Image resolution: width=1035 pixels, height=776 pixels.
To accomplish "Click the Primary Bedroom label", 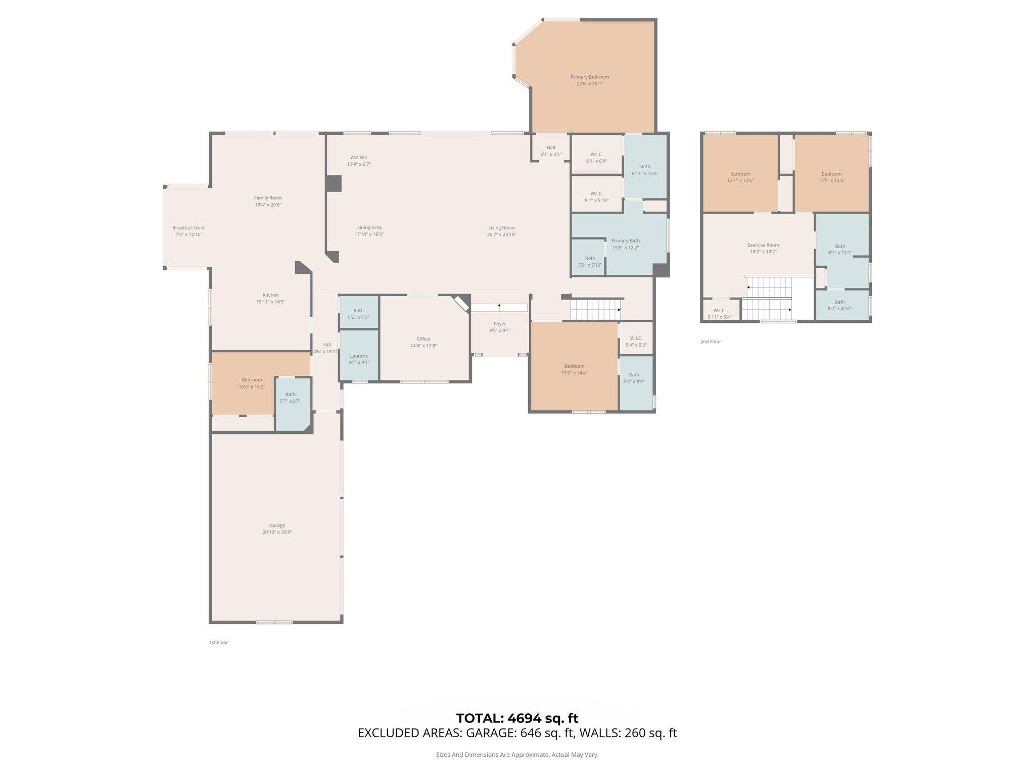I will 589,77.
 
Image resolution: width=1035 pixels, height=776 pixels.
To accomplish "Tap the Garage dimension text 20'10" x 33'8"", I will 277,532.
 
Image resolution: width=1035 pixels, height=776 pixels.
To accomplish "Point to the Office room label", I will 424,339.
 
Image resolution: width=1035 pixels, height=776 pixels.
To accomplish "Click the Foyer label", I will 499,324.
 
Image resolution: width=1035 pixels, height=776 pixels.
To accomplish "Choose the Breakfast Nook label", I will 189,228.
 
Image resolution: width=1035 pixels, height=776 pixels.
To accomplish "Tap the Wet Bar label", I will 359,158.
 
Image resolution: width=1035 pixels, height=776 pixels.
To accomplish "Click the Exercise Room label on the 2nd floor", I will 763,245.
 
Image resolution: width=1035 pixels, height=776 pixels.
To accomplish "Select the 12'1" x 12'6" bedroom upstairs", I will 740,177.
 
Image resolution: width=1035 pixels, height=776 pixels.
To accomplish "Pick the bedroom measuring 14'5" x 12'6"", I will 831,177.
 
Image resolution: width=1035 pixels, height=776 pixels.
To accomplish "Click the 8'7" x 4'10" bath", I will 839,305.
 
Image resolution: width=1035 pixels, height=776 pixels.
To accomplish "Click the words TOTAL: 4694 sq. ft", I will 517,718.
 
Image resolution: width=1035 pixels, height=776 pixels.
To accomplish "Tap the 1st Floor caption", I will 218,643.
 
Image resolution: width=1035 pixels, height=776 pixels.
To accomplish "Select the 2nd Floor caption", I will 710,342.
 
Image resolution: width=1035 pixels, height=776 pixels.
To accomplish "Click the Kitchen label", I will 270,295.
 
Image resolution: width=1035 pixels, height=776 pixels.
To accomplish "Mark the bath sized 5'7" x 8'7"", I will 290,398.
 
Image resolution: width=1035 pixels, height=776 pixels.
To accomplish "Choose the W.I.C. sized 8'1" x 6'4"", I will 596,158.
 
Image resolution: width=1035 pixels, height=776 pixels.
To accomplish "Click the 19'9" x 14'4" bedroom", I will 574,369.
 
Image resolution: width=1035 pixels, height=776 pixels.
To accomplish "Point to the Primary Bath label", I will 625,241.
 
